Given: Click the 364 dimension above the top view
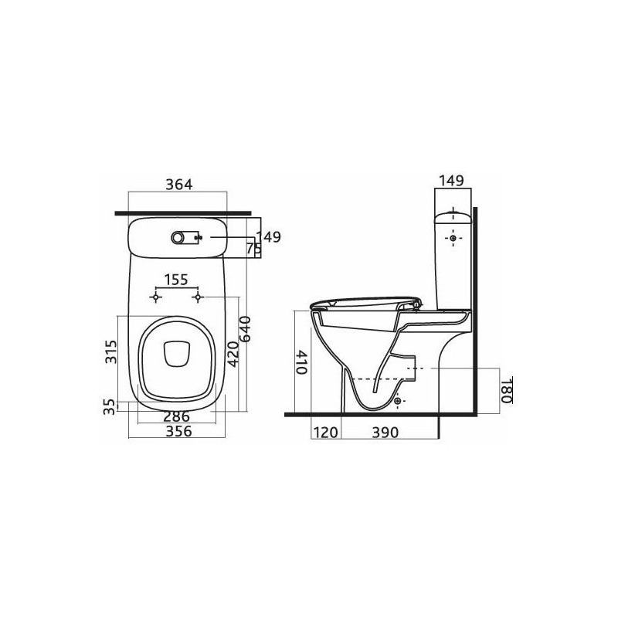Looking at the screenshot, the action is click(x=179, y=184).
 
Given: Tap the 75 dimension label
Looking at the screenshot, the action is click(x=254, y=248).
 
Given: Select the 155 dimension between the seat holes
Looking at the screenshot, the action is click(x=176, y=280).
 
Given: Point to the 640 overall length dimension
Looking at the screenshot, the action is click(x=245, y=329).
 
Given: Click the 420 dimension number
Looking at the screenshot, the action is click(x=233, y=354).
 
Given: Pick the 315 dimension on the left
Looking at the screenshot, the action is click(x=111, y=351).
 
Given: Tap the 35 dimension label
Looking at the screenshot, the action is click(x=110, y=407).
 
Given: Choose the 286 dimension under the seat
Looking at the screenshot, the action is click(x=177, y=416).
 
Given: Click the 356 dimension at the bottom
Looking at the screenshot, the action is click(x=178, y=431).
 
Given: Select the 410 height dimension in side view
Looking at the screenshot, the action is click(x=301, y=362).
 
